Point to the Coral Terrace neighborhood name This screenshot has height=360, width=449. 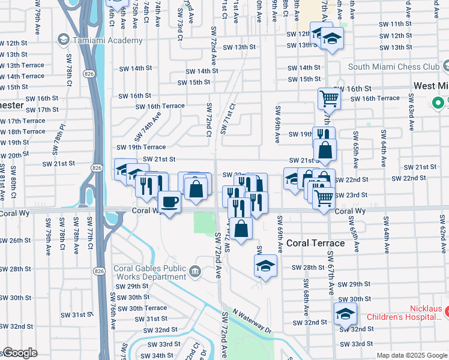315,243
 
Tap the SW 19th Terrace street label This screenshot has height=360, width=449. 141,147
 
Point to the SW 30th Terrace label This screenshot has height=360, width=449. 139,308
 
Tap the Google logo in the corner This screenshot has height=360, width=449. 20,353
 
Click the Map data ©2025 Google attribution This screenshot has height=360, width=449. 411,355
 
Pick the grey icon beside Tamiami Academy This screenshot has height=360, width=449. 63,40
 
